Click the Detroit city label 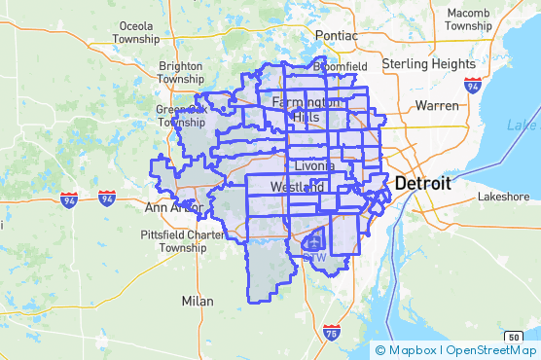(422, 184)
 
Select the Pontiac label (336, 35)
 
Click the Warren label (436, 104)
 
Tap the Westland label (298, 186)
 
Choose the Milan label (198, 301)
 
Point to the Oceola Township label (137, 32)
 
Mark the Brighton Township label (180, 72)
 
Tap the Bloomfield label (340, 67)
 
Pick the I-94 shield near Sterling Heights (473, 85)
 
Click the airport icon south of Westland (313, 241)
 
